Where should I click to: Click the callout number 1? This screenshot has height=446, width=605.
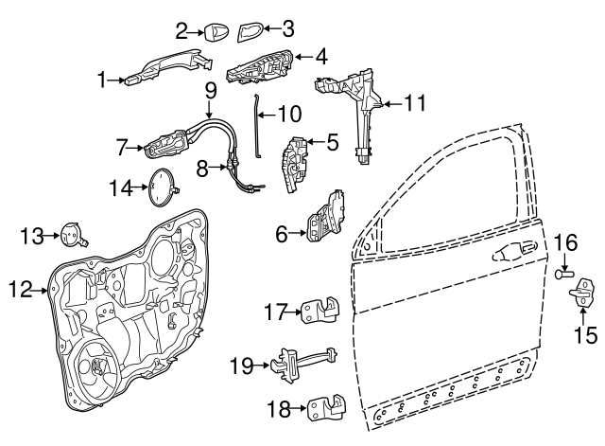pos(101,80)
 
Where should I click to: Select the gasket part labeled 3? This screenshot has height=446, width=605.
pos(250,32)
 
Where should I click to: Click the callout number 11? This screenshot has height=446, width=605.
pos(415,103)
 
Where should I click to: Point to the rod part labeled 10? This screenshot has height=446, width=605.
pos(257,126)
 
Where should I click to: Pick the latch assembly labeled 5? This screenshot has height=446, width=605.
pos(296,164)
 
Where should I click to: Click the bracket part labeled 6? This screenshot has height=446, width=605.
pos(325,217)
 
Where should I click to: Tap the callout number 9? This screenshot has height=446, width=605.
pos(210,91)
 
